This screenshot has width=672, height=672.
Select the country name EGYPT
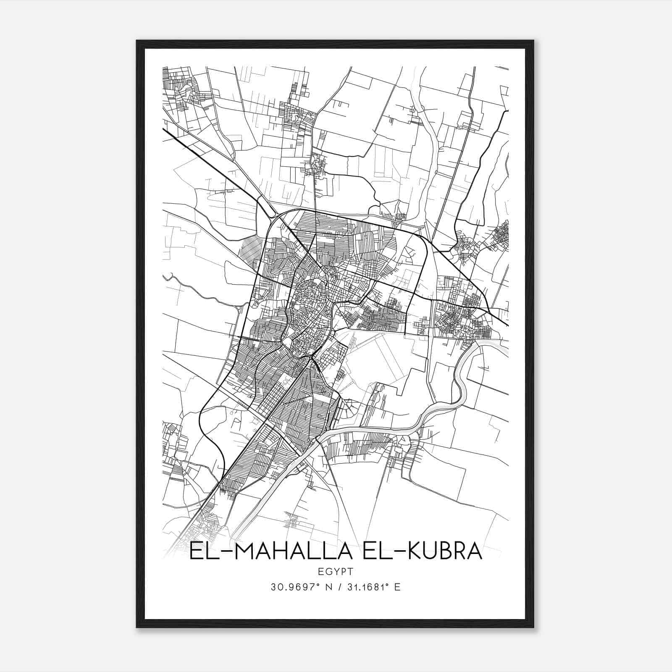click(x=336, y=572)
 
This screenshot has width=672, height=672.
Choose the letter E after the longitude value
click(x=397, y=587)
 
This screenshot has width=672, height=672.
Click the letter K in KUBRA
click(x=402, y=551)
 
